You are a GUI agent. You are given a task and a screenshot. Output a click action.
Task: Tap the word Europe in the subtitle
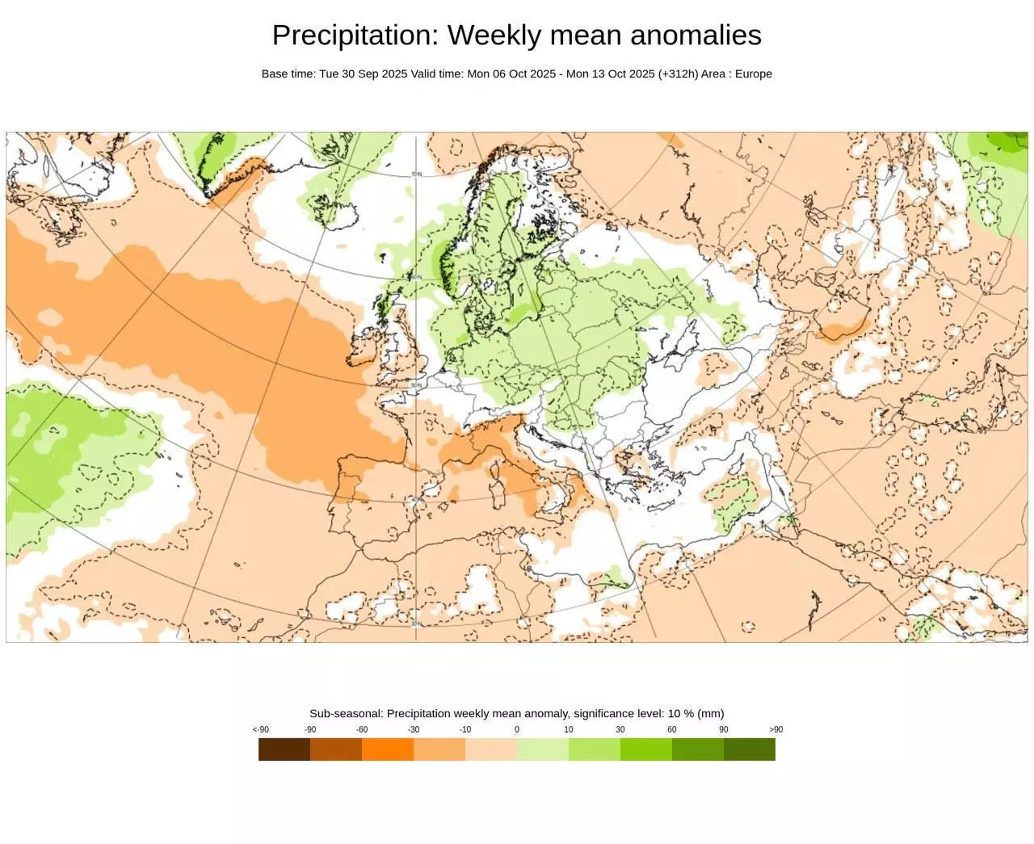point(753,73)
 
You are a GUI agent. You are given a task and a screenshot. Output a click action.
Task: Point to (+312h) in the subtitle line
point(678,73)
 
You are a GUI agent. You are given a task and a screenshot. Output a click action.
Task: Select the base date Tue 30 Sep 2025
point(363,73)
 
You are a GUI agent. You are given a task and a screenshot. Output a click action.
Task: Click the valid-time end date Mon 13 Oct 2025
point(610,73)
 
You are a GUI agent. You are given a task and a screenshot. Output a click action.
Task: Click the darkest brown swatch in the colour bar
point(284,750)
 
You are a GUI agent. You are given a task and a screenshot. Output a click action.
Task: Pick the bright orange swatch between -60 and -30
point(388,750)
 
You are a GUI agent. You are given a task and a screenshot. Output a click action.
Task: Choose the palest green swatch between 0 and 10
point(543,750)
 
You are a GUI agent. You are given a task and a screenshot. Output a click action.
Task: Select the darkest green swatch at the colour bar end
point(750,750)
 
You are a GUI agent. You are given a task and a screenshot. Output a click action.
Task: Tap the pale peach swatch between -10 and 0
point(491,750)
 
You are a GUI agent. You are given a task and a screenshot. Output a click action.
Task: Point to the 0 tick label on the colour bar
point(517,730)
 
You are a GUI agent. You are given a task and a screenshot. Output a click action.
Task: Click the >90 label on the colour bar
point(775,730)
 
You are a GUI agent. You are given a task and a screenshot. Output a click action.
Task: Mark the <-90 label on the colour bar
point(260,730)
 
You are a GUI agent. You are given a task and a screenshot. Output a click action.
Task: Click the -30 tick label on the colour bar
point(414,730)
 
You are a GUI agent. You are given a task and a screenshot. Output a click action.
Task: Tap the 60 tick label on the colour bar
point(672,730)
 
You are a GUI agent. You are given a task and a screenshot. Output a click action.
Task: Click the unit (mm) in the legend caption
point(711,713)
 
